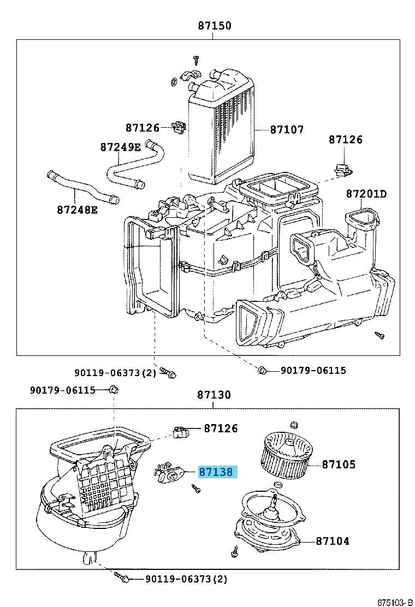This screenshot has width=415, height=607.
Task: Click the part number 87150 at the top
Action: coord(214,26)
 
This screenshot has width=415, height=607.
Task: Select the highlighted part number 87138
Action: coord(216,472)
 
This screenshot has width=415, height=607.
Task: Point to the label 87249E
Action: coord(121,147)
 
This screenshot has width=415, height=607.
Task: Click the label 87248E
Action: coord(76,209)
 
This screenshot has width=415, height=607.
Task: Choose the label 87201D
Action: coord(366,194)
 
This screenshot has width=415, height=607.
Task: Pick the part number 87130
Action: coord(214,394)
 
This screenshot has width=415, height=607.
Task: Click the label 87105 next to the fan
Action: coord(339,465)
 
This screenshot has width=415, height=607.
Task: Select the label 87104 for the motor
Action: coord(332,541)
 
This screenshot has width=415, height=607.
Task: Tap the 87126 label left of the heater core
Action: coord(142,128)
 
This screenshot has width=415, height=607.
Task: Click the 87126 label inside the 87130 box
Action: coord(221,429)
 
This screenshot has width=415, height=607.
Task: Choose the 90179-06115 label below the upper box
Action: coord(313,371)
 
